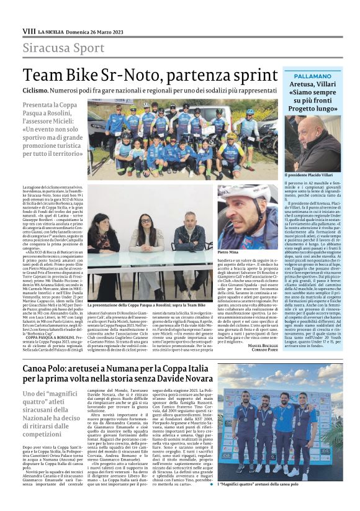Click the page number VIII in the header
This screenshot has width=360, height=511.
(x=29, y=30)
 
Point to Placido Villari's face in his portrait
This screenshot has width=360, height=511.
(x=301, y=138)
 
